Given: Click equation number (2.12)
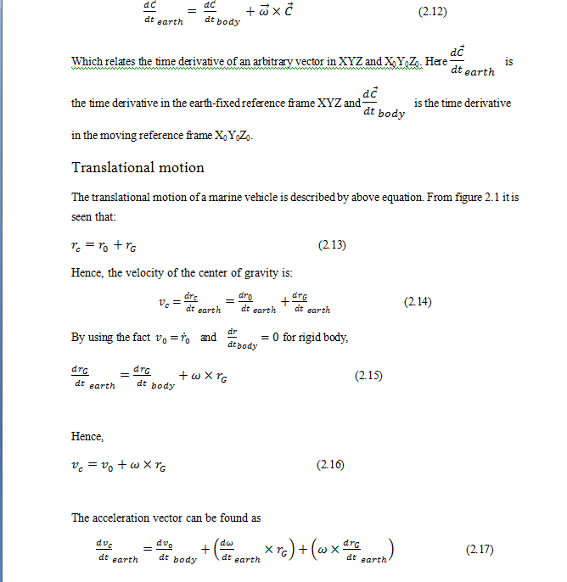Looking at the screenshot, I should pyautogui.click(x=433, y=14).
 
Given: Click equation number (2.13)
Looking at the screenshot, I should pyautogui.click(x=333, y=246).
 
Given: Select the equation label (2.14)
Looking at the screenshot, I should pyautogui.click(x=418, y=301).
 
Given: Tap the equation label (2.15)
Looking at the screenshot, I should pyautogui.click(x=368, y=375).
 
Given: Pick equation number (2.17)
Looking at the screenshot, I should pyautogui.click(x=481, y=550).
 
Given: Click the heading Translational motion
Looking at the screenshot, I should pyautogui.click(x=138, y=167).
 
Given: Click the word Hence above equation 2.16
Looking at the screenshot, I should pyautogui.click(x=87, y=436).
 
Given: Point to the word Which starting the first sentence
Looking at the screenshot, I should pyautogui.click(x=87, y=62).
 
